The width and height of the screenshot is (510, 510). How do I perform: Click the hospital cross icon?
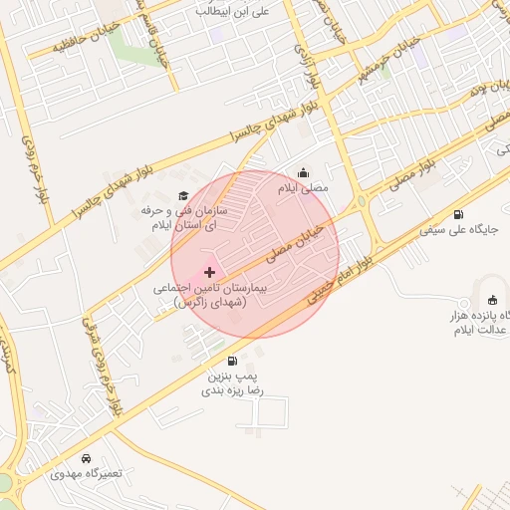click(209, 272)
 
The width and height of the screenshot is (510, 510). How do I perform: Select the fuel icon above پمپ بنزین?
click(232, 361)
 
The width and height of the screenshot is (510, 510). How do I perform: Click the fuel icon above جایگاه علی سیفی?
click(458, 214)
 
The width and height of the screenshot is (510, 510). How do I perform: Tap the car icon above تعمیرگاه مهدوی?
click(86, 458)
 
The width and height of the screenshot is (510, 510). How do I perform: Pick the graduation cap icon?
click(182, 195)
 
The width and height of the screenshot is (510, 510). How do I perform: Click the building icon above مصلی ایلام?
click(304, 171)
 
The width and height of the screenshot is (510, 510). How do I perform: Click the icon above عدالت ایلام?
click(491, 301)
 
